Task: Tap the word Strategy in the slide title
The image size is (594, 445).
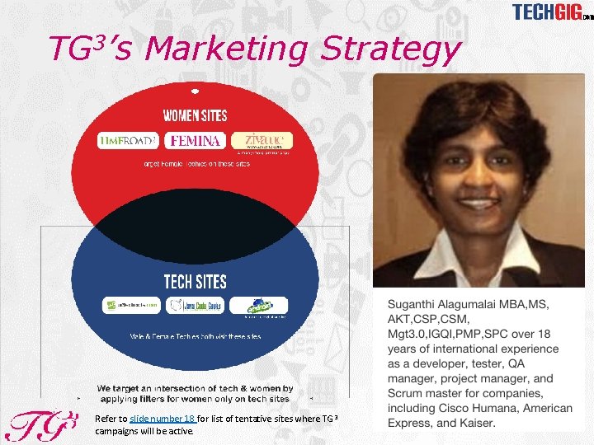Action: coord(389,50)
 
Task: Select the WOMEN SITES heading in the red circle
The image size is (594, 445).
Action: coord(195,115)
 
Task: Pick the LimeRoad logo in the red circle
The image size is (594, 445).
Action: coord(129,141)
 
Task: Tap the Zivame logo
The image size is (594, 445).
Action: coord(262,141)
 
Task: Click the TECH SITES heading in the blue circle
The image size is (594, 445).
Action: coord(195,282)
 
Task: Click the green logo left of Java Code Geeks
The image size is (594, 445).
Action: coord(130,306)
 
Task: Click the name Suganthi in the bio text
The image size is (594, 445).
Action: coord(417,304)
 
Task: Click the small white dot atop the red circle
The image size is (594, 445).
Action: coord(195,89)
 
